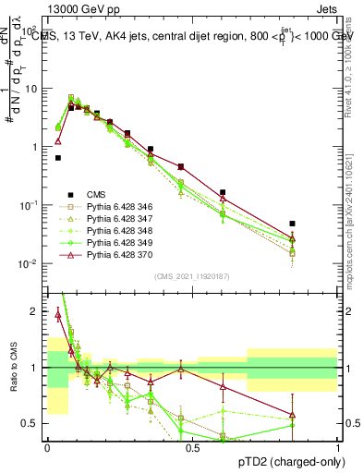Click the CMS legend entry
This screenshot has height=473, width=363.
click(96, 194)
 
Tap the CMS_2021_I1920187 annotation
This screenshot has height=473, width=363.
click(192, 276)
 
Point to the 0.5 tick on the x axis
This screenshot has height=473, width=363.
click(192, 446)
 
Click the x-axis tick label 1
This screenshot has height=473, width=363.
click(337, 446)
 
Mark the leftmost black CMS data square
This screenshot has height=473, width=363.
click(58, 158)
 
